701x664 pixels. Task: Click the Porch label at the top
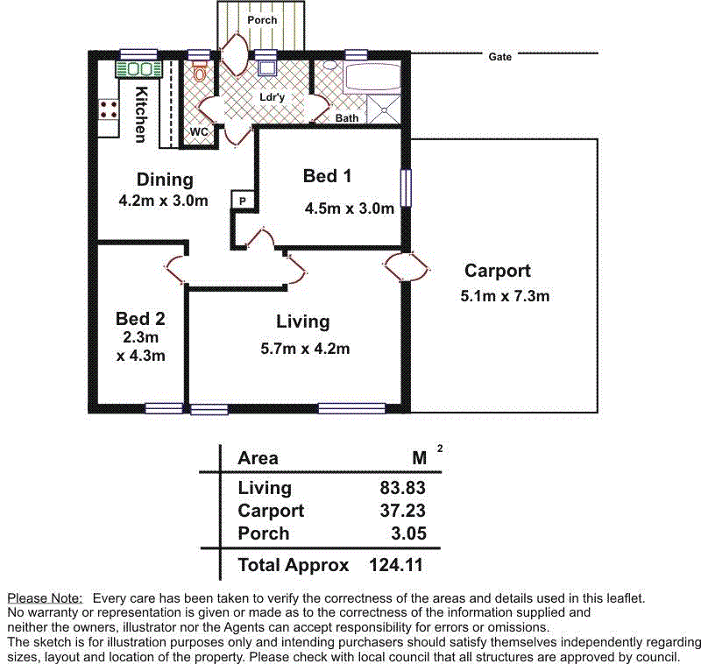coord(262,19)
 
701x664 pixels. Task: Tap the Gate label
coord(499,57)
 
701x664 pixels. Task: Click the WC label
coord(199,131)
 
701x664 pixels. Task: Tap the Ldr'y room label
coord(272,97)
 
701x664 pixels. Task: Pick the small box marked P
coord(242,201)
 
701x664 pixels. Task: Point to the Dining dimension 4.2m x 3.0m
coord(164,200)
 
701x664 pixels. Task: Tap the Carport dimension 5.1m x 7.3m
coord(505,296)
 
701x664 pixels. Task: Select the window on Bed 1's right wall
coord(405,188)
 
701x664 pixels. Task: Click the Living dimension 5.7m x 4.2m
coord(305,348)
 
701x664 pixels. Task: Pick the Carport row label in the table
coord(271,511)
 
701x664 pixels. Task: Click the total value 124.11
coord(398,565)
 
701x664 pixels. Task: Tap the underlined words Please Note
coord(45,597)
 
